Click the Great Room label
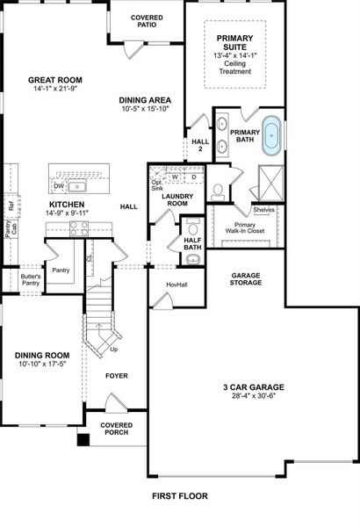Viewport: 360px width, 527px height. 55,80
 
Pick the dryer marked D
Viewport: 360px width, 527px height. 193,177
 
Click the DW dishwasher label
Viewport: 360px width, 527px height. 58,186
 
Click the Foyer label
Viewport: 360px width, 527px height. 116,376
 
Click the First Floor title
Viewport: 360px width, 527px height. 180,496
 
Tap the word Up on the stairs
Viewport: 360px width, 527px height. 114,349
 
